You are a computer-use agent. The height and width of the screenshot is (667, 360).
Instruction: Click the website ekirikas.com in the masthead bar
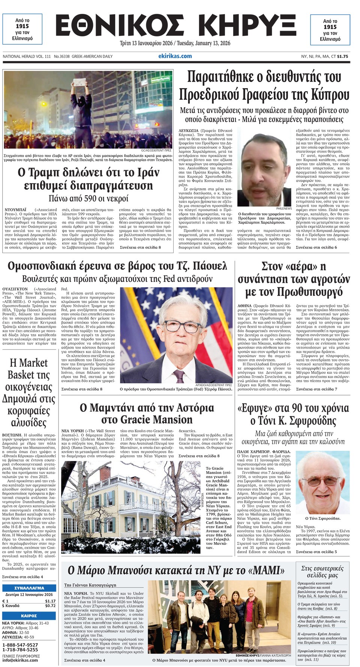(x=175, y=56)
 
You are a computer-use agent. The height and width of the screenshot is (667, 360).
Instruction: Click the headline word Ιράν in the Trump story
(x=144, y=172)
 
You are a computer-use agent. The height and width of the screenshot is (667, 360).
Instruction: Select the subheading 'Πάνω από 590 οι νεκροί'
(x=88, y=198)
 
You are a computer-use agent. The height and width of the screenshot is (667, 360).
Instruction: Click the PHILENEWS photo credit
(x=283, y=208)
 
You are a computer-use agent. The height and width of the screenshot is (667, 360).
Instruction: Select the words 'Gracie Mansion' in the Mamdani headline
(x=147, y=420)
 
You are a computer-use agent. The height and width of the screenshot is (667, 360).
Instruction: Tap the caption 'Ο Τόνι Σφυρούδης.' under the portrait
(x=322, y=518)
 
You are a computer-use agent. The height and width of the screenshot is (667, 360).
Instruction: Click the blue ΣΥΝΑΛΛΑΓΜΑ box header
(x=29, y=588)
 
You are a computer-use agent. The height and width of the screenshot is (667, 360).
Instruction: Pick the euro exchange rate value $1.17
(x=50, y=601)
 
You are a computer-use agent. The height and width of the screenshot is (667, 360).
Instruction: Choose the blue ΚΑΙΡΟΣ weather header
(x=29, y=616)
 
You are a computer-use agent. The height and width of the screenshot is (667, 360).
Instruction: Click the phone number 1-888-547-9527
(x=20, y=645)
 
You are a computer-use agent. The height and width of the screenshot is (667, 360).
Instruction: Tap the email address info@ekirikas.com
(x=20, y=660)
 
